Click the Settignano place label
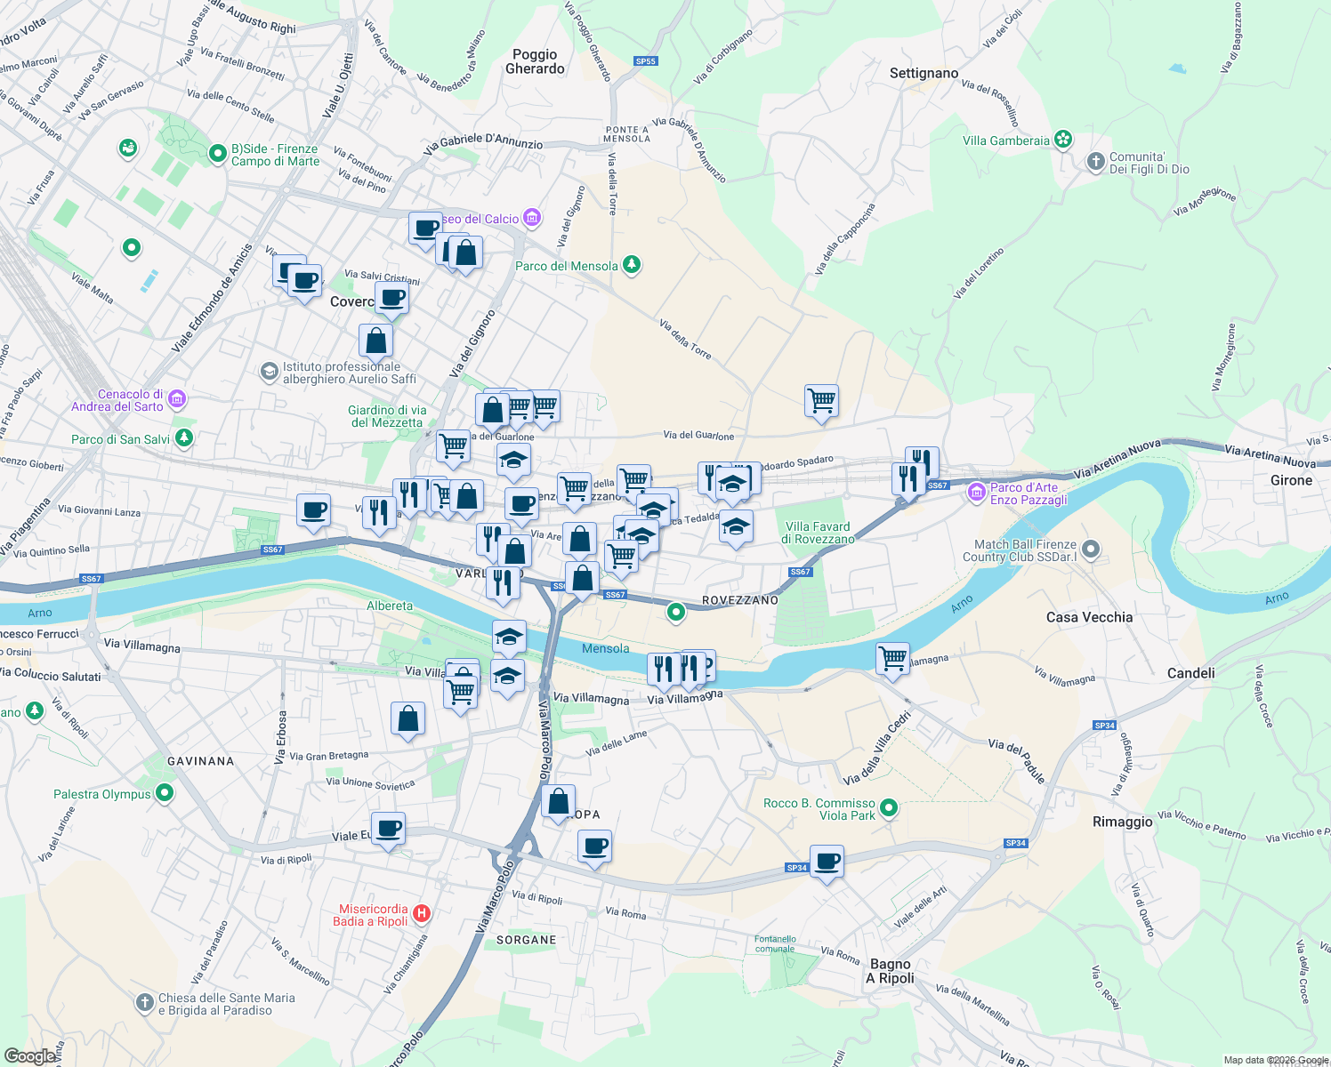(924, 73)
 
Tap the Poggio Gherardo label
(535, 61)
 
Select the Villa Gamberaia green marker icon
(1062, 140)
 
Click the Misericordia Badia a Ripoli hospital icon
(422, 913)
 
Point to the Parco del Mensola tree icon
(632, 264)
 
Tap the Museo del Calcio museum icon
(532, 218)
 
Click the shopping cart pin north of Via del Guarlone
(821, 401)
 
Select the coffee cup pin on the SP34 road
(827, 862)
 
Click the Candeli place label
(1190, 673)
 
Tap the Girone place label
(1291, 480)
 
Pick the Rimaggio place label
(1122, 822)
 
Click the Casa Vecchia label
(1089, 617)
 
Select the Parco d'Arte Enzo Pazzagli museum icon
(977, 492)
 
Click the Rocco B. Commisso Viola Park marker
(888, 808)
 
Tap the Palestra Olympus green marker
(165, 792)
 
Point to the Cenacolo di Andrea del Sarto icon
(177, 399)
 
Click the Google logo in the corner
(29, 1055)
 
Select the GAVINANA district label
(201, 761)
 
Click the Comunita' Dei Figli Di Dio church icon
(1095, 162)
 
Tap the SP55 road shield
(645, 61)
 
